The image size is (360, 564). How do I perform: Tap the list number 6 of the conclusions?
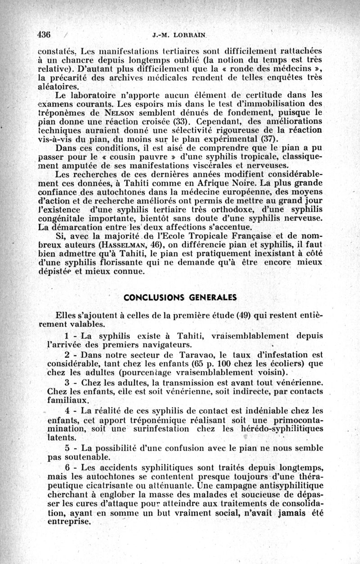pyautogui.click(x=67, y=467)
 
